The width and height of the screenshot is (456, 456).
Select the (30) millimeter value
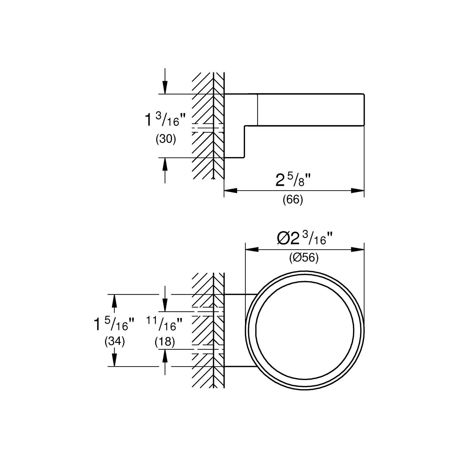click(x=166, y=139)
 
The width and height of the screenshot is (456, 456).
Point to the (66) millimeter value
click(x=293, y=200)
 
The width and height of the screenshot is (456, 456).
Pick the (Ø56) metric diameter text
click(x=304, y=258)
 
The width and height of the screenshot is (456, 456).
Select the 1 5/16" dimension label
click(x=114, y=325)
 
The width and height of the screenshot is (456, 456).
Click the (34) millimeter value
click(x=115, y=342)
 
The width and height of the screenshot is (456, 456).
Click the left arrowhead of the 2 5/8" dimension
click(x=230, y=191)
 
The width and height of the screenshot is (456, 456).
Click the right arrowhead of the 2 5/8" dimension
click(x=358, y=191)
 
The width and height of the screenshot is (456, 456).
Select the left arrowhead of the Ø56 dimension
click(x=251, y=250)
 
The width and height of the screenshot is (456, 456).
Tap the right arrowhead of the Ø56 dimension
click(x=358, y=250)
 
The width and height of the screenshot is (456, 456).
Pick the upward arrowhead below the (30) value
click(x=165, y=164)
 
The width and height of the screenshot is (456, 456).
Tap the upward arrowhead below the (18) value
click(x=165, y=356)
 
